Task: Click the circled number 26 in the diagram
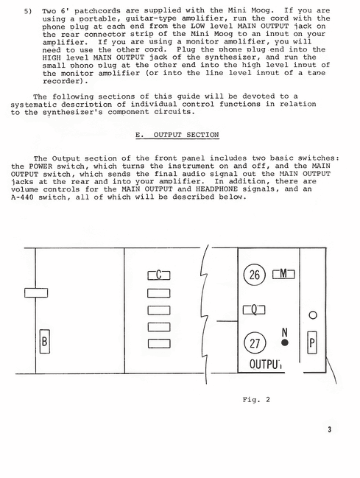(x=255, y=275)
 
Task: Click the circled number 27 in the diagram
(x=255, y=343)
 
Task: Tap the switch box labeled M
(x=283, y=275)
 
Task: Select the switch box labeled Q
(x=254, y=310)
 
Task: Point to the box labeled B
(x=44, y=342)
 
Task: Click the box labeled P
(x=312, y=342)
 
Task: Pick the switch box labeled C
(x=159, y=275)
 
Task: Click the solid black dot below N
(x=285, y=342)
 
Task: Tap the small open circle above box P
(x=313, y=315)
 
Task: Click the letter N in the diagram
(x=285, y=332)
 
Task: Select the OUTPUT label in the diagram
(x=265, y=364)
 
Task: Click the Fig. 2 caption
(x=256, y=400)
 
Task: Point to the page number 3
(x=330, y=429)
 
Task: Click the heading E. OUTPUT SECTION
(x=177, y=135)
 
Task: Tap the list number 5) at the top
(x=28, y=12)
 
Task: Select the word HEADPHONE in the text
(x=216, y=189)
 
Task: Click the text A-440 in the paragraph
(x=22, y=197)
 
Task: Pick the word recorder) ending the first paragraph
(x=66, y=81)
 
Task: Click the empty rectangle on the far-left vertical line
(x=36, y=292)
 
